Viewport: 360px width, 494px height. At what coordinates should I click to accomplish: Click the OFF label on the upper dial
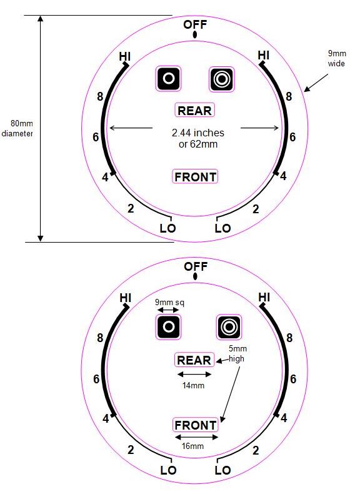point(195,24)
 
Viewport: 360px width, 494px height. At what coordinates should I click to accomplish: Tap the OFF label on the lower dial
point(196,266)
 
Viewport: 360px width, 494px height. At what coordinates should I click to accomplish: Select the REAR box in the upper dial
point(194,110)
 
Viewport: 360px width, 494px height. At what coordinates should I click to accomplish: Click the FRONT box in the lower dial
point(195,425)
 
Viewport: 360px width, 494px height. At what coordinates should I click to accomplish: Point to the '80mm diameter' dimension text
point(17,128)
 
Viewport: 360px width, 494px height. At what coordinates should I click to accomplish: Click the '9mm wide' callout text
point(336,58)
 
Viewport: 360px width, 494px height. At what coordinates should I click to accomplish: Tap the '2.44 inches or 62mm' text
point(197,138)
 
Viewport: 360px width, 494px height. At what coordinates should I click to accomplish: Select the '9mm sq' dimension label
point(169,303)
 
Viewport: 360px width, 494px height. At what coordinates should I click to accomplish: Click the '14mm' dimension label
point(193,385)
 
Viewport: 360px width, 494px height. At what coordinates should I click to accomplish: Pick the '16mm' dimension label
point(192,446)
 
